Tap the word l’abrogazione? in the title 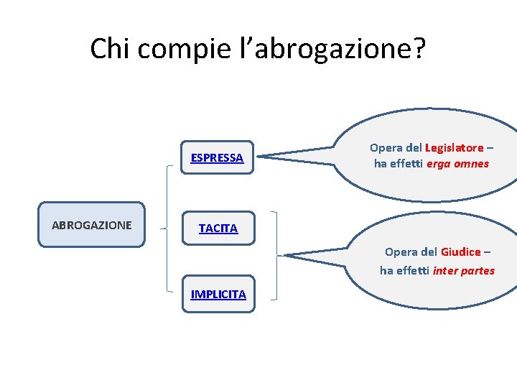pyautogui.click(x=330, y=49)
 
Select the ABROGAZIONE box pyautogui.click(x=91, y=225)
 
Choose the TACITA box pyautogui.click(x=218, y=228)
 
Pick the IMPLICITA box pyautogui.click(x=218, y=294)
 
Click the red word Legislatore pyautogui.click(x=454, y=148)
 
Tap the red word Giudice pyautogui.click(x=460, y=252)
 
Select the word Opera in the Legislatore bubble pyautogui.click(x=386, y=148)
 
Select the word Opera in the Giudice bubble pyautogui.click(x=401, y=252)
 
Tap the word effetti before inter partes pyautogui.click(x=413, y=270)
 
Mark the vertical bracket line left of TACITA pyautogui.click(x=168, y=228)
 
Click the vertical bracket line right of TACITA pyautogui.click(x=275, y=255)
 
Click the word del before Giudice pyautogui.click(x=428, y=252)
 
